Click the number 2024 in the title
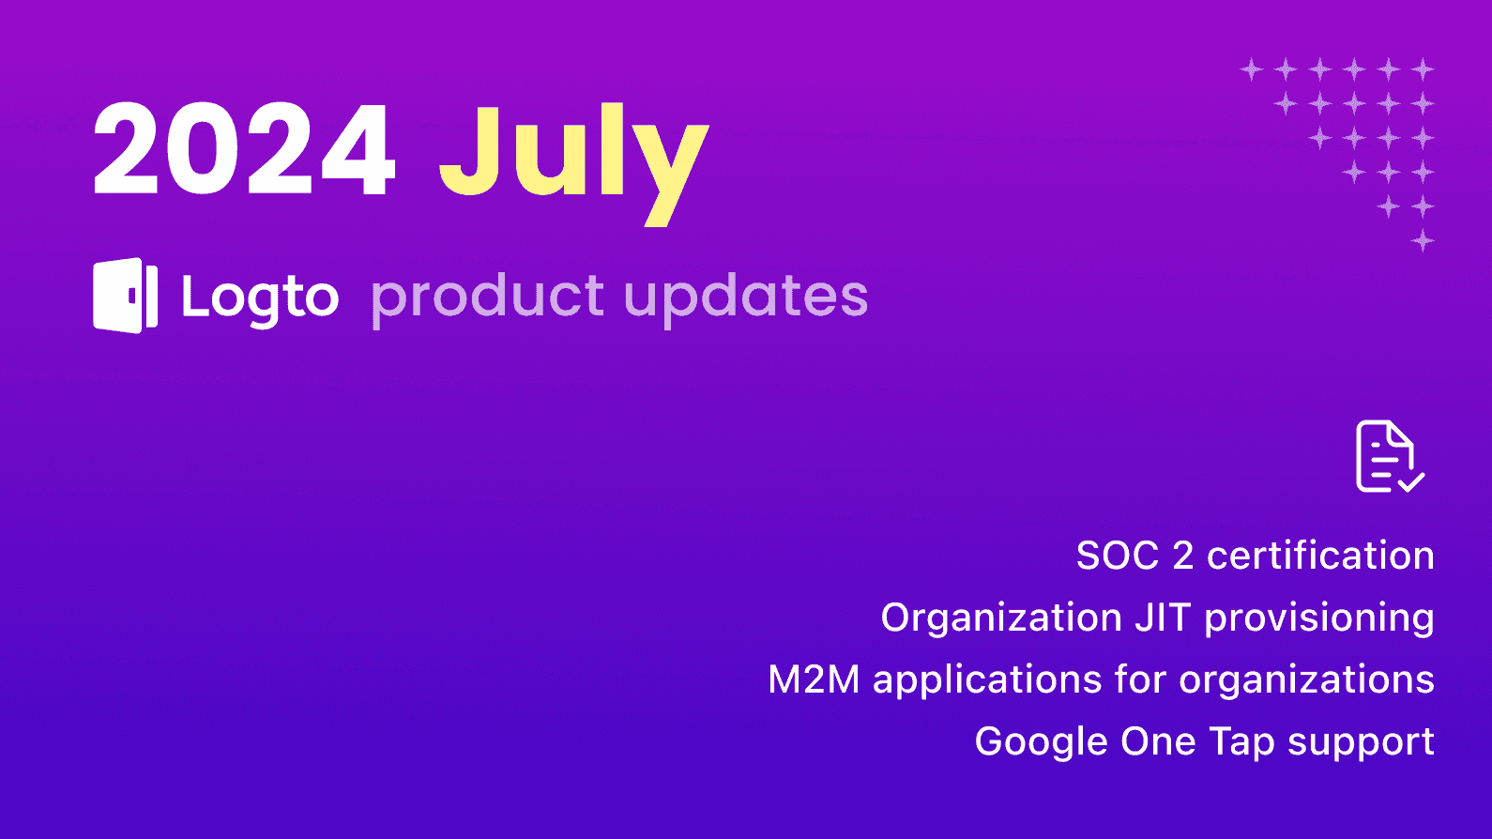pos(244,150)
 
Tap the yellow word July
pos(572,155)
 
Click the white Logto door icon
pos(125,296)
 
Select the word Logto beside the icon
pos(260,297)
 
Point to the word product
pos(488,297)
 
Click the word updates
pos(746,297)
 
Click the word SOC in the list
pos(1117,556)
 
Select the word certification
pos(1320,556)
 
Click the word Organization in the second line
pos(1001,618)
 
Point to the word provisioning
pos(1318,618)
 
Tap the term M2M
pos(814,679)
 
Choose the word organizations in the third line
pos(1306,679)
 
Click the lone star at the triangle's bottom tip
pos(1423,240)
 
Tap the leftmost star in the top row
pos(1252,69)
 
